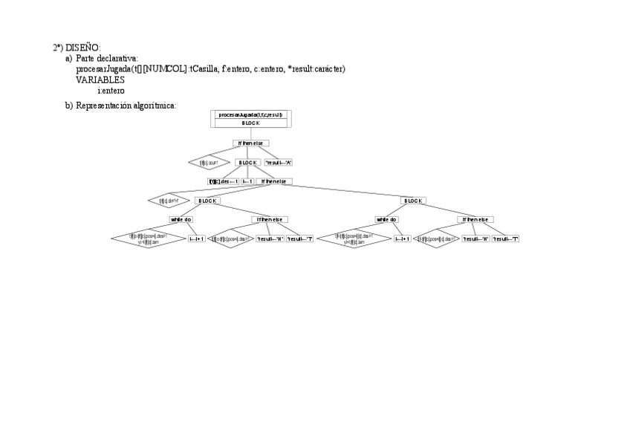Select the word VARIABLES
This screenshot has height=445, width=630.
(x=100, y=79)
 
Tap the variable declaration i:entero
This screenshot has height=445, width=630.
(x=111, y=90)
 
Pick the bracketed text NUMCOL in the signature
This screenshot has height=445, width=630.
(x=161, y=69)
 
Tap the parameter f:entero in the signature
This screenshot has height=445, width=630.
(x=236, y=69)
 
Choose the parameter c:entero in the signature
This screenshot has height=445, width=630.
(x=268, y=69)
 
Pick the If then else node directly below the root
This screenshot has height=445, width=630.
(x=251, y=143)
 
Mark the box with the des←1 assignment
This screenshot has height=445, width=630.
(x=223, y=181)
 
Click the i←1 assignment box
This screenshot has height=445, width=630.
(x=247, y=181)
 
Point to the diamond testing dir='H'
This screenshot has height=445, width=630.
(x=164, y=201)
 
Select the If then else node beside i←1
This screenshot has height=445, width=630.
(x=274, y=181)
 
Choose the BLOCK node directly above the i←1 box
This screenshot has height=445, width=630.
(x=247, y=162)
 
